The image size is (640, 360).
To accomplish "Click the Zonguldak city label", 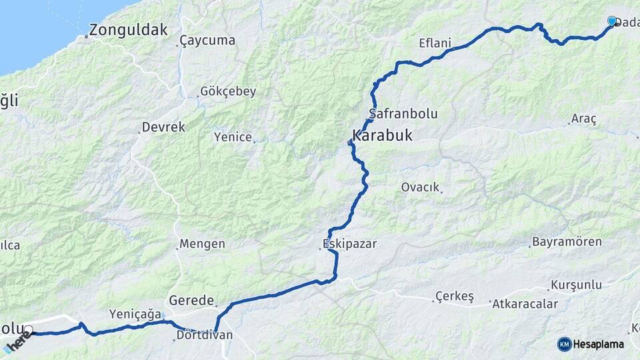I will (x=128, y=30).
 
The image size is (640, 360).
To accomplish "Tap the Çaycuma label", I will (x=208, y=41).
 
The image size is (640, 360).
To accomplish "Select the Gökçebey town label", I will (x=228, y=92).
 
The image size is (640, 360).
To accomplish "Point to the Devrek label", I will (x=163, y=127).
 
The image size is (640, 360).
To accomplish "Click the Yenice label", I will (x=233, y=137).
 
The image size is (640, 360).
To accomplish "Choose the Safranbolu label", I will (x=403, y=114).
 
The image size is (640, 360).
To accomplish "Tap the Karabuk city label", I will (x=382, y=136).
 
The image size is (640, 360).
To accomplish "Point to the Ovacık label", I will (x=420, y=187).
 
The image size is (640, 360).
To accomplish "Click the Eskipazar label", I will (x=349, y=244).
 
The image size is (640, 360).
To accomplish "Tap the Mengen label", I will (x=203, y=244).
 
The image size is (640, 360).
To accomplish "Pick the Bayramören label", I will (x=567, y=242).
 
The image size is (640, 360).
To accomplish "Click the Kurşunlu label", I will (x=576, y=285).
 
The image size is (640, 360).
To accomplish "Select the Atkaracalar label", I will (x=525, y=304).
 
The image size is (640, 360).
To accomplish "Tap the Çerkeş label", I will (x=454, y=296).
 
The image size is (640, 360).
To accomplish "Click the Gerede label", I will (x=191, y=301).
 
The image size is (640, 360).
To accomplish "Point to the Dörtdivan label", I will (x=205, y=335).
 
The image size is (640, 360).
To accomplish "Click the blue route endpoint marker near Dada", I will (x=612, y=21).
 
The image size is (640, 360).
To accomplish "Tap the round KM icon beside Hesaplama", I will (x=565, y=344).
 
